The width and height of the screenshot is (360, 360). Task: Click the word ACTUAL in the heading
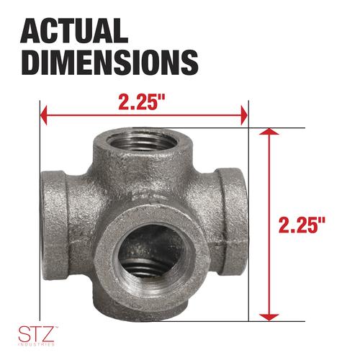pos(74,31)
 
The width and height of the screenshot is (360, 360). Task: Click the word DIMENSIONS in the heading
pos(109,62)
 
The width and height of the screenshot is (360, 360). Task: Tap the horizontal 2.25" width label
pos(142,102)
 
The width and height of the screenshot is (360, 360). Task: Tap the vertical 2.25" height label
pos(302,225)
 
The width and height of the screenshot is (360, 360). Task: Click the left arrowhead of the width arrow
pos(44,115)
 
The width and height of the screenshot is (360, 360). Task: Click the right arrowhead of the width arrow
pos(244,115)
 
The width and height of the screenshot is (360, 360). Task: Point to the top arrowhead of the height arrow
pos(269,132)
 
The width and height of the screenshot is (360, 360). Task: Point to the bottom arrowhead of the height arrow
pos(269,317)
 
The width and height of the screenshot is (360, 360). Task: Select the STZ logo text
pos(36,334)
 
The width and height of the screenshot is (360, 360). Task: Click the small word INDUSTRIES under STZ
pos(37,345)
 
